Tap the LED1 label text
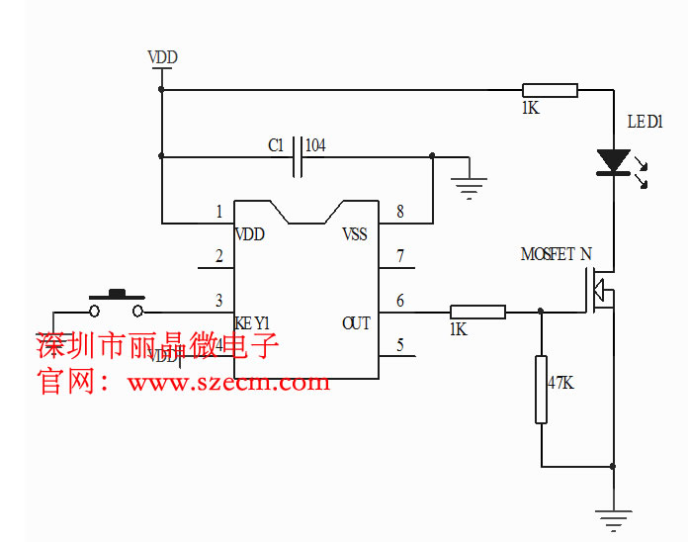pos(645,122)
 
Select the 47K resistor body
pos(541,389)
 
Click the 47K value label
pos(559,383)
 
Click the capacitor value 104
pos(315,145)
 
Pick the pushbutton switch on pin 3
pos(118,302)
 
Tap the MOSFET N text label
pos(556,254)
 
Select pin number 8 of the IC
pos(399,212)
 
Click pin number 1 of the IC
pos(218,212)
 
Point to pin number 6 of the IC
pos(399,301)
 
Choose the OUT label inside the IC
pos(356,323)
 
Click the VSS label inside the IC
pos(354,234)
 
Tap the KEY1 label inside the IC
pos(252,323)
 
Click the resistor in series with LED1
pos(550,90)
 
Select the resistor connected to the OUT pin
pos(477,313)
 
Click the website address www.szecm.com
pos(227,382)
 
